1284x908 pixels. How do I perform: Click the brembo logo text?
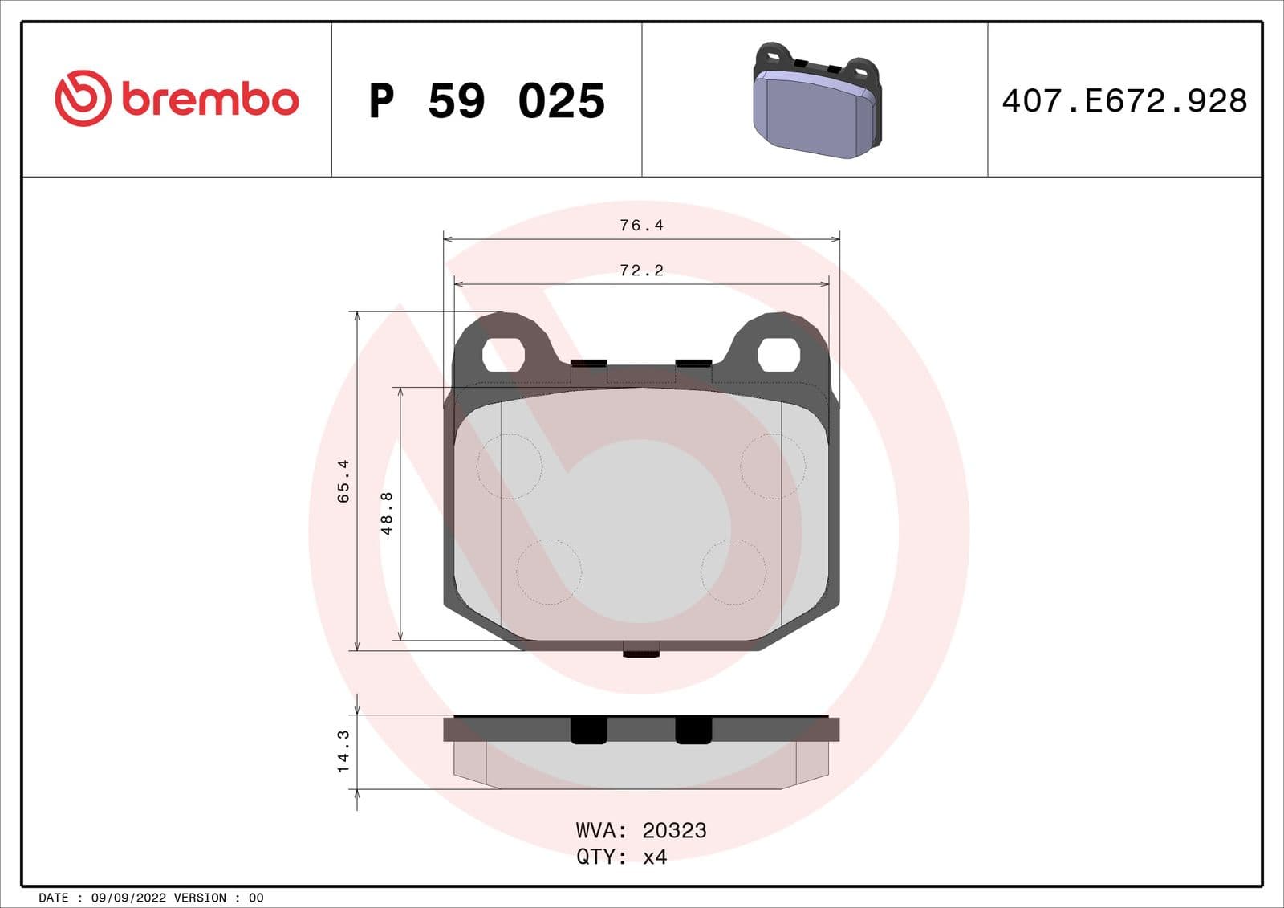210,100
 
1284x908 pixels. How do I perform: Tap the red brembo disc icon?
82,98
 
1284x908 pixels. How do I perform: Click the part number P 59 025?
486,101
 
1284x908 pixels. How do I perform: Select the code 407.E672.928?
1124,101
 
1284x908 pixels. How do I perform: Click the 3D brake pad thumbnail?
817,101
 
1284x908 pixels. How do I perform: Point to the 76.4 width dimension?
641,226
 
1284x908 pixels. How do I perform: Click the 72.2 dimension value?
641,271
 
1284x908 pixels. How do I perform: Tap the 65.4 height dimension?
343,481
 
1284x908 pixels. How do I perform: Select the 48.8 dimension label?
387,514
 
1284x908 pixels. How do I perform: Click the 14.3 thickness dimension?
343,751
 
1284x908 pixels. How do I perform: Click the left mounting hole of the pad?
503,354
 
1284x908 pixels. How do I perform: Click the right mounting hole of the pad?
779,354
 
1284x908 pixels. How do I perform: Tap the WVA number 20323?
674,830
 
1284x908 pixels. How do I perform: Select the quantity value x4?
655,857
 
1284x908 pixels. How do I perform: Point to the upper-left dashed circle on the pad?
510,466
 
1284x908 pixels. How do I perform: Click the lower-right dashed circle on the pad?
733,572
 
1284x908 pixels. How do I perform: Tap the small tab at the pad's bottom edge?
641,649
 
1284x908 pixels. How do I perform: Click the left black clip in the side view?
588,730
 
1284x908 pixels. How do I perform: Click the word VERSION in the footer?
200,898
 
